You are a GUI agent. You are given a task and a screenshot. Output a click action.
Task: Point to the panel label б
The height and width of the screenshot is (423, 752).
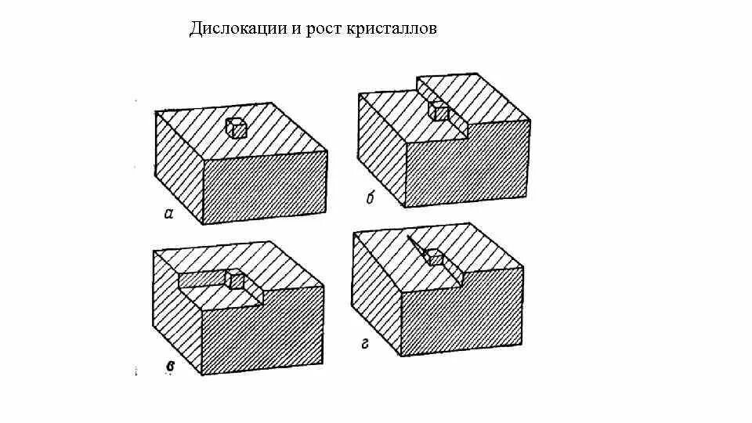tap(371, 199)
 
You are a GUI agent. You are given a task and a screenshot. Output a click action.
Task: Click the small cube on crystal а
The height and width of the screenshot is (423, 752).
tap(237, 127)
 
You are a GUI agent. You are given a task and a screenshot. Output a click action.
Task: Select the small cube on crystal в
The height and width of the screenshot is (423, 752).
tap(234, 279)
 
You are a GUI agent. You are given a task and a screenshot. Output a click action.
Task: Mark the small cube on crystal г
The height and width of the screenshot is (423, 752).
tap(435, 258)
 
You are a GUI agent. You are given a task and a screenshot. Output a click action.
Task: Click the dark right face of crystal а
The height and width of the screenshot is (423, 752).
tap(264, 188)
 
